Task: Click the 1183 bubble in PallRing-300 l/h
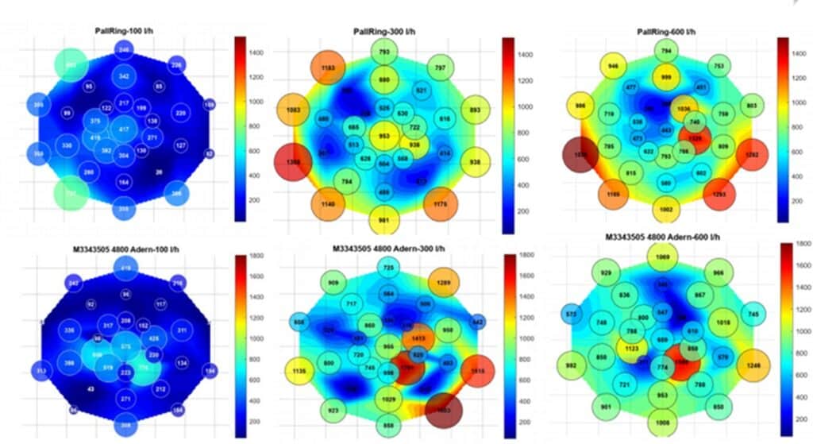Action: [x=326, y=68]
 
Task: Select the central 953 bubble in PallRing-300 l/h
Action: [x=384, y=136]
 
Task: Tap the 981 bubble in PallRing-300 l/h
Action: [x=384, y=220]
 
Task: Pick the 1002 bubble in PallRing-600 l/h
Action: [x=665, y=210]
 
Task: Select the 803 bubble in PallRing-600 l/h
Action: [x=751, y=106]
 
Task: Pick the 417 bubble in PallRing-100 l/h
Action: [x=124, y=129]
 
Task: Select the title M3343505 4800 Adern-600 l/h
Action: [x=662, y=237]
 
